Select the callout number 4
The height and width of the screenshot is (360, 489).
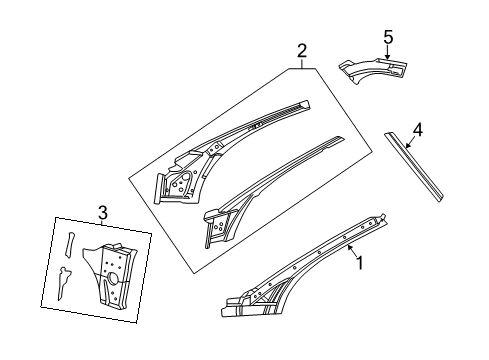click(418, 129)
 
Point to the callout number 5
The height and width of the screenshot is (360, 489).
click(387, 38)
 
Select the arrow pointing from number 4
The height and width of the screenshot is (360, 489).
click(411, 139)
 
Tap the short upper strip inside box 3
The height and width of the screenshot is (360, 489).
click(71, 244)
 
